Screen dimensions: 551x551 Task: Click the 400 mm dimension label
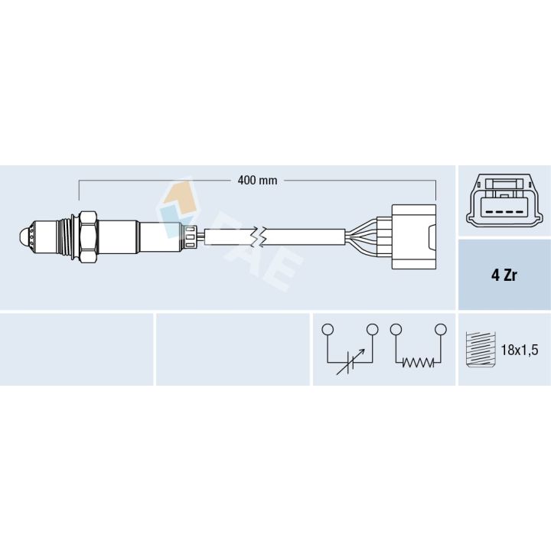pyautogui.click(x=257, y=181)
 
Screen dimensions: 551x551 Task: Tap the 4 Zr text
pyautogui.click(x=504, y=275)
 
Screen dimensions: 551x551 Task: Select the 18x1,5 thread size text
pyautogui.click(x=520, y=350)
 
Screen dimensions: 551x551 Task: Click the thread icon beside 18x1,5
pyautogui.click(x=481, y=349)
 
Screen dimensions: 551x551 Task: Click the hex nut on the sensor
pyautogui.click(x=88, y=237)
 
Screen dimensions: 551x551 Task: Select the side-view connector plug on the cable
pyautogui.click(x=414, y=236)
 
